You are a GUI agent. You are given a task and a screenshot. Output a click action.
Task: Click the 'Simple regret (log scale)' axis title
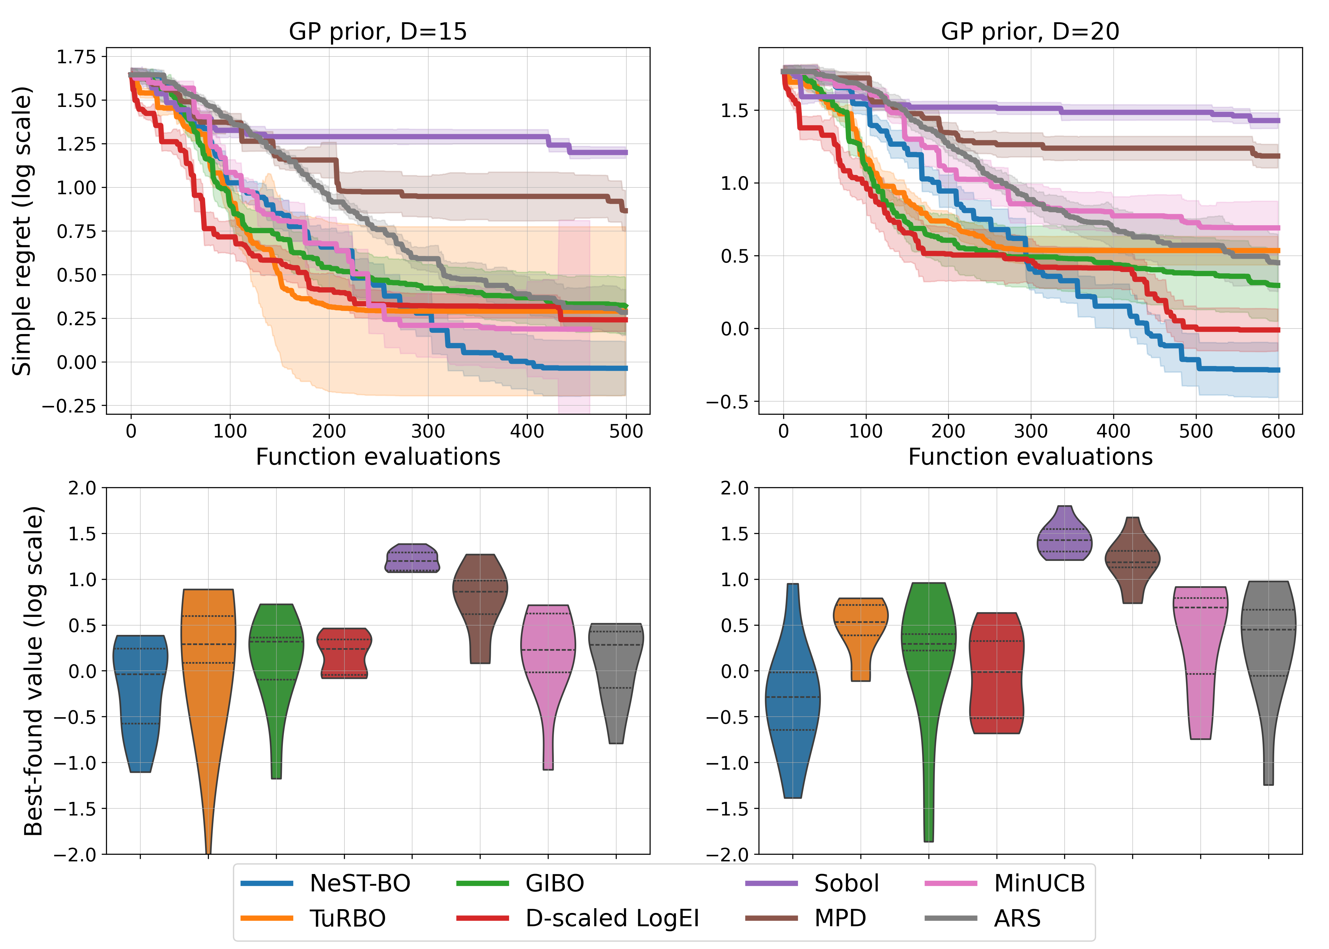[22, 231]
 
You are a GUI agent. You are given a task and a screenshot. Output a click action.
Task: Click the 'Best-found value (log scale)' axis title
[34, 671]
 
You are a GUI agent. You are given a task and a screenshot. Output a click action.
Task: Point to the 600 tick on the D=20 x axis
[1278, 431]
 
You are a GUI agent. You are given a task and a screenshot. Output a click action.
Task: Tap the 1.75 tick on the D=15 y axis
[76, 57]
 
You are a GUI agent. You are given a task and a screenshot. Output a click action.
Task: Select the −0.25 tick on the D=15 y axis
[69, 406]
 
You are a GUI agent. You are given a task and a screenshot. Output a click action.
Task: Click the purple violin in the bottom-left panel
[412, 558]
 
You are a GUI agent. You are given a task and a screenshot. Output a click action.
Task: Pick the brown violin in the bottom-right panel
[1132, 561]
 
